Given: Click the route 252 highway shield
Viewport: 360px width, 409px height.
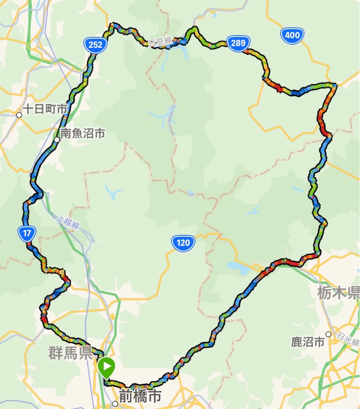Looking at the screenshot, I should (95, 44).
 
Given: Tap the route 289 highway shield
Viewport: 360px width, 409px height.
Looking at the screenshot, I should (238, 43).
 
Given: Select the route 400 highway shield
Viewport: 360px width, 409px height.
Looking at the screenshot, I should (292, 35).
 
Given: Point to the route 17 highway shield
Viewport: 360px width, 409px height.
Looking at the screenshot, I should (27, 234).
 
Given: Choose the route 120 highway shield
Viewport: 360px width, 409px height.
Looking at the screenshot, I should (183, 242).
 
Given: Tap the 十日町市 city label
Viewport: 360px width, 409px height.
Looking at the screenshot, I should (45, 109).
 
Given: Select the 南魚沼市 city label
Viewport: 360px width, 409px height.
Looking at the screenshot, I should (83, 133).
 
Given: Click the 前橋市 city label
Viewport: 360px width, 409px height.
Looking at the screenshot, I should (140, 396).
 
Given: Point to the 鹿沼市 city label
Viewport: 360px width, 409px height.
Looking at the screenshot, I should (308, 342).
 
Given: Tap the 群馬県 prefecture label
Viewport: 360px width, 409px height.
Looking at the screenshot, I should (70, 353).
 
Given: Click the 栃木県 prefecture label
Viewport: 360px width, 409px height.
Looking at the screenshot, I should (338, 294).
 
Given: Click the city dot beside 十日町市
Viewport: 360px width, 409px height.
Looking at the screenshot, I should (19, 115).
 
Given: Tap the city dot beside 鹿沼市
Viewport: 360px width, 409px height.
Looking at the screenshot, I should (328, 334).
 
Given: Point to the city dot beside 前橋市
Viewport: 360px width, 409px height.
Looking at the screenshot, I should (115, 404).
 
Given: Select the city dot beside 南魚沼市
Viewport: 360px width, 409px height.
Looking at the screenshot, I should (57, 140).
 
